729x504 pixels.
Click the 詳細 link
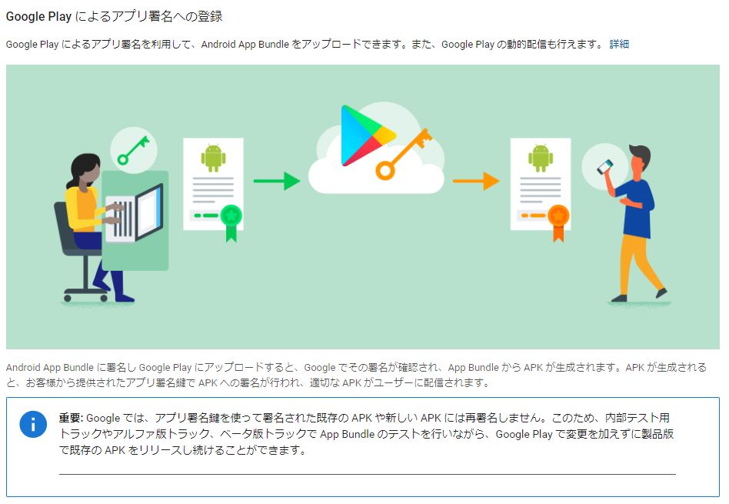click(619, 44)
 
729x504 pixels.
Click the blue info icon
click(33, 425)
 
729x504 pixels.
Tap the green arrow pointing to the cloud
click(276, 181)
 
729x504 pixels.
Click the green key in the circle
click(134, 148)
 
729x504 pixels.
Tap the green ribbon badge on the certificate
click(231, 219)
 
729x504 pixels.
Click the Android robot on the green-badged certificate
click(213, 158)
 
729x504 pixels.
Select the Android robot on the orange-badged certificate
click(541, 158)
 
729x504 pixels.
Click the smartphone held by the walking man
click(606, 165)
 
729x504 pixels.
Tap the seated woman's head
click(83, 170)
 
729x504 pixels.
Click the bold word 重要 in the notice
click(71, 418)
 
